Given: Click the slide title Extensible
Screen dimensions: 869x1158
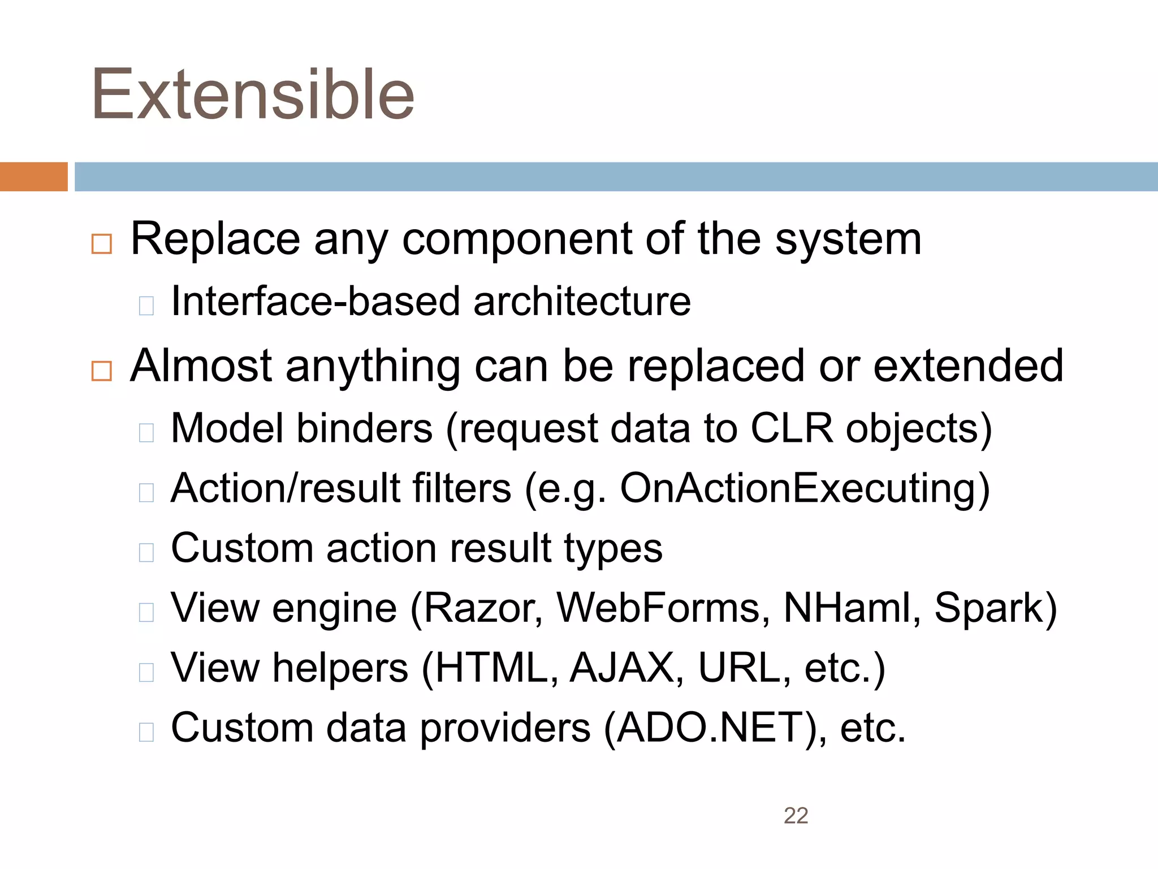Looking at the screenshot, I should (x=253, y=94).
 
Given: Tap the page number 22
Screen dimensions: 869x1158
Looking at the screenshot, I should (x=796, y=816).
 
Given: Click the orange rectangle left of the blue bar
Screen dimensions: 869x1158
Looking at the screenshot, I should (x=33, y=177).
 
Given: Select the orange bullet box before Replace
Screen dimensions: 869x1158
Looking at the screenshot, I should (x=102, y=244).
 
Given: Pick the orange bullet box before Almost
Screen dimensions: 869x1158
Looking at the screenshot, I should (x=102, y=371).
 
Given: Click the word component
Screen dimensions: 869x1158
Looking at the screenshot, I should (x=517, y=240).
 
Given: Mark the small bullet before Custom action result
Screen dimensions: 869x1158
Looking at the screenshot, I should (x=146, y=553).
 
